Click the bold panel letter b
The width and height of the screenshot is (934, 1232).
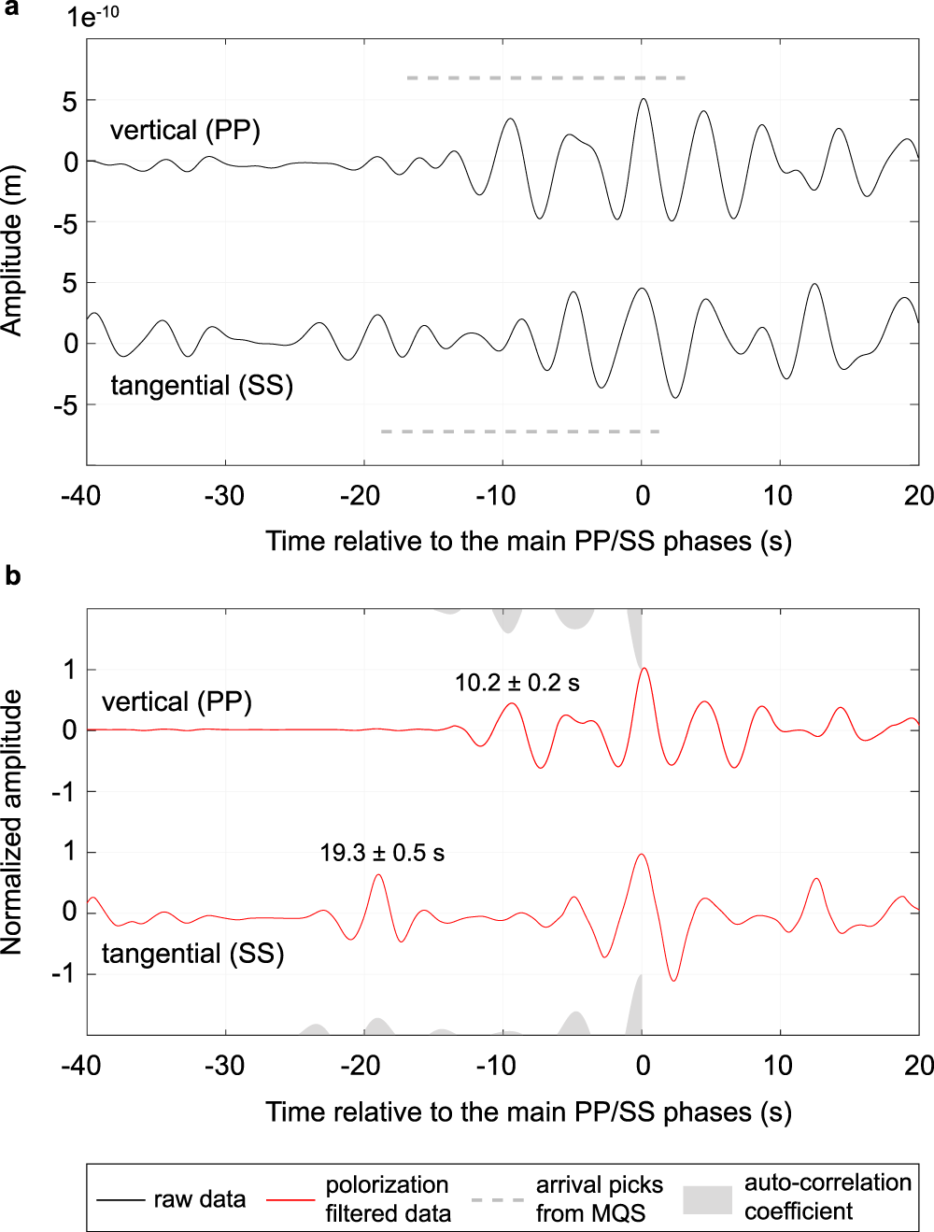coord(12,575)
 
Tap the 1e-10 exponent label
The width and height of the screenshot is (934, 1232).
coord(92,17)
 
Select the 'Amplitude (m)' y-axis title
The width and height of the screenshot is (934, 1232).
coord(12,250)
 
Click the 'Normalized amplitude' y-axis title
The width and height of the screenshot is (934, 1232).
coord(12,822)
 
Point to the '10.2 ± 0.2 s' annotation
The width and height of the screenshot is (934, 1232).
coord(517,683)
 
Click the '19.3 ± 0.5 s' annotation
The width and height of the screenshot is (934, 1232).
coord(382,853)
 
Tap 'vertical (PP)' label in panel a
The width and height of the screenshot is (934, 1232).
coord(185,130)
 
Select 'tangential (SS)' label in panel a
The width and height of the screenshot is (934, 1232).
coord(202,385)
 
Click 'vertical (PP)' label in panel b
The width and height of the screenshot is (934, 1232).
coord(177,701)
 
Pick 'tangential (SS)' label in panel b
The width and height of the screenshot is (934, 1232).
coord(192,954)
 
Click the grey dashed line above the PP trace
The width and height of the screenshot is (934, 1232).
coord(546,78)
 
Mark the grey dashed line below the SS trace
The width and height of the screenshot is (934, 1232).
coord(520,432)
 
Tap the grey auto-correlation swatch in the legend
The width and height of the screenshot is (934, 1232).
coord(707,1199)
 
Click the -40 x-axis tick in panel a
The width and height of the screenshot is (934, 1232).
coord(80,495)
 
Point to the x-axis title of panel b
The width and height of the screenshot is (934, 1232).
coord(529,1112)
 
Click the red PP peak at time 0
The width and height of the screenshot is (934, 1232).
coord(644,669)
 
